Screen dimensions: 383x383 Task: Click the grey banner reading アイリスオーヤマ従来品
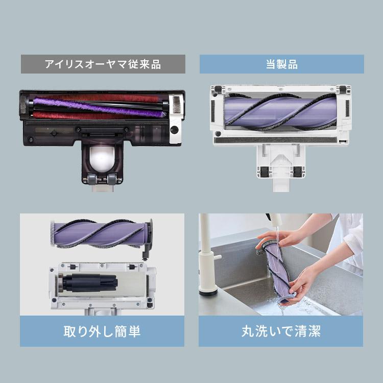tap(103, 64)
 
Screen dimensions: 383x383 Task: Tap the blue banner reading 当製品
tap(281, 64)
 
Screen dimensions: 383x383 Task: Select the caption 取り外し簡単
tap(102, 331)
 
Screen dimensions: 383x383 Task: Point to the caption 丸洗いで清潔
tap(281, 331)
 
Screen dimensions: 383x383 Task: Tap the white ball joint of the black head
tap(102, 157)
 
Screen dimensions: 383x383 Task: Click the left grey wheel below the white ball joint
tap(92, 179)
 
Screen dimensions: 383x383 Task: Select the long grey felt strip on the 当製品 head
tap(281, 138)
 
